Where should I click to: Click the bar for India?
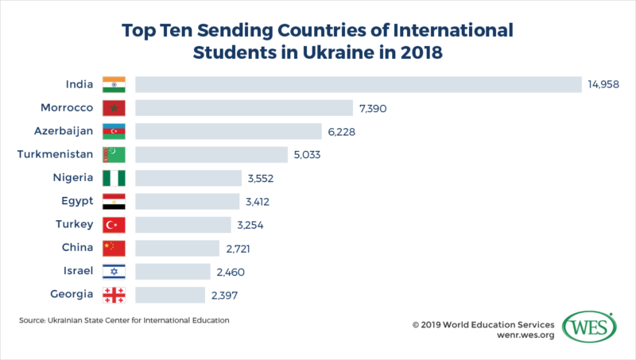click(x=359, y=84)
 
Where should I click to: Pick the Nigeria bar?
click(x=188, y=178)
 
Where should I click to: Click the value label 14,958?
click(x=603, y=84)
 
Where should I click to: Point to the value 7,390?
click(x=374, y=107)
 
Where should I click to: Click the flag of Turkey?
click(x=114, y=225)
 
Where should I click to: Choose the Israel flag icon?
click(x=114, y=272)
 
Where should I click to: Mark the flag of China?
click(x=114, y=249)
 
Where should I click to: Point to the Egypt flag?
click(x=114, y=202)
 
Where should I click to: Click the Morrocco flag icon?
click(x=114, y=107)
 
